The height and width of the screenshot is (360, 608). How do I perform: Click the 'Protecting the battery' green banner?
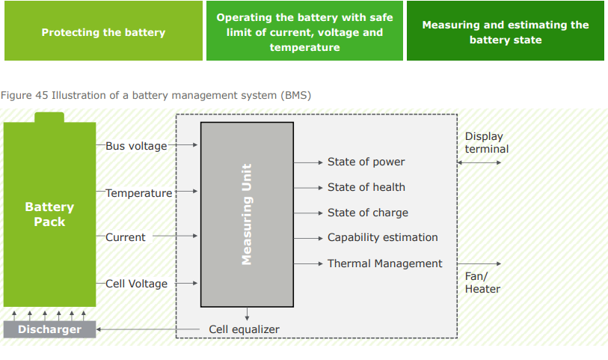(103, 32)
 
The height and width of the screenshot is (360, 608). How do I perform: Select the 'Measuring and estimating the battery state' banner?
(505, 32)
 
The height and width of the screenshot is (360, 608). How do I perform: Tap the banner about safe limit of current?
(304, 32)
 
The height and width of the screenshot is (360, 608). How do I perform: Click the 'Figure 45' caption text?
(156, 95)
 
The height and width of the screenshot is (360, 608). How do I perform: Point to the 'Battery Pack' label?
(49, 214)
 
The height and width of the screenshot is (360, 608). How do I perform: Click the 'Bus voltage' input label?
(136, 146)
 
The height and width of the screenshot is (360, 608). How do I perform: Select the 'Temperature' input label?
(138, 193)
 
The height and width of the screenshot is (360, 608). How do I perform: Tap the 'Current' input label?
(126, 237)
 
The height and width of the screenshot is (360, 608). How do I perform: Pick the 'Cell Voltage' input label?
(136, 284)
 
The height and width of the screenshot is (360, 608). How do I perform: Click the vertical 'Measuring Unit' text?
(247, 214)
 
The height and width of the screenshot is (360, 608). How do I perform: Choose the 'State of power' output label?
(366, 162)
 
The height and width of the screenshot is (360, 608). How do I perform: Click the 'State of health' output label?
(366, 187)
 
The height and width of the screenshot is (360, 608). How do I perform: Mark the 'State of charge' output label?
(367, 213)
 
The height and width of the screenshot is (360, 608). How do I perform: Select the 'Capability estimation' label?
(382, 237)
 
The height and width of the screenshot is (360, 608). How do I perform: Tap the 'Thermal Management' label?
(384, 263)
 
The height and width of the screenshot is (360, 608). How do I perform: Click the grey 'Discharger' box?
(49, 329)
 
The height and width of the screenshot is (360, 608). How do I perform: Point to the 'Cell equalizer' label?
(244, 329)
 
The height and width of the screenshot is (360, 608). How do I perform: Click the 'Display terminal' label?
(486, 142)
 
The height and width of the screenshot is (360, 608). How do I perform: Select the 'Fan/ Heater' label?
(482, 282)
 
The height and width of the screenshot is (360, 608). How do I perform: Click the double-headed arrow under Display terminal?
(479, 162)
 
